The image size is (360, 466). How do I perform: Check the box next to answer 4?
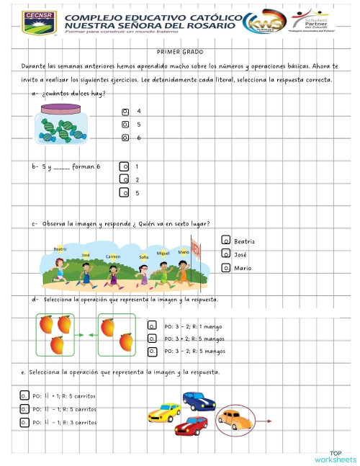tap(125, 112)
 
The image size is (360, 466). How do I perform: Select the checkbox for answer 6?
tap(125, 138)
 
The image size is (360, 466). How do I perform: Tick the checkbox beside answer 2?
tap(124, 179)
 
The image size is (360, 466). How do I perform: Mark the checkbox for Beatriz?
tap(226, 241)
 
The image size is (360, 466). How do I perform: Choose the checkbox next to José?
tap(226, 254)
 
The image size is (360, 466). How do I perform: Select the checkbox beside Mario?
tap(226, 268)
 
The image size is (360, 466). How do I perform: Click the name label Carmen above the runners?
tap(113, 256)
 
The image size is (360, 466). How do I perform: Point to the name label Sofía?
tap(144, 256)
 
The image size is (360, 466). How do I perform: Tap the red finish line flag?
tap(197, 251)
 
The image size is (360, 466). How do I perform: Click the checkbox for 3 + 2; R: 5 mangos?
tap(152, 338)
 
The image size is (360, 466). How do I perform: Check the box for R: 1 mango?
tap(152, 326)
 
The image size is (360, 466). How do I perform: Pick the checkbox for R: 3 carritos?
tap(24, 423)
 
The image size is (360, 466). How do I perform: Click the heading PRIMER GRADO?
tap(179, 52)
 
